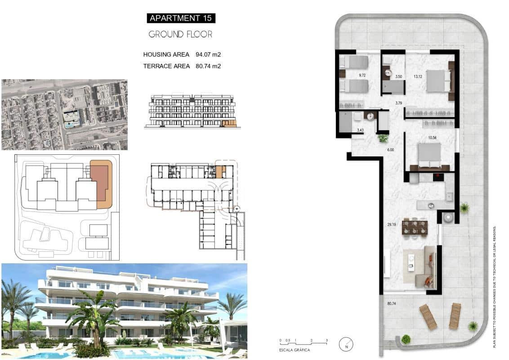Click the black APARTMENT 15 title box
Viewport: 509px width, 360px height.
(181, 18)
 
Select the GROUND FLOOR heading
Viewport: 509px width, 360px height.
(180, 34)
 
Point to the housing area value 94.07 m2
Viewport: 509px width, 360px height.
(208, 54)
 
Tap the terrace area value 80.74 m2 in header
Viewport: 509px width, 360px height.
(208, 66)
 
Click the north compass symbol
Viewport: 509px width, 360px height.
(346, 344)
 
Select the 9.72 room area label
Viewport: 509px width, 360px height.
(362, 76)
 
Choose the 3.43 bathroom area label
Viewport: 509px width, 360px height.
(360, 130)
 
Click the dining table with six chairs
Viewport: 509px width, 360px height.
(415, 226)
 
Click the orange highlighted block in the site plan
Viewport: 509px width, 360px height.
(101, 184)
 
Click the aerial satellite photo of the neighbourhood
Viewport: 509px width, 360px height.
(64, 114)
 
